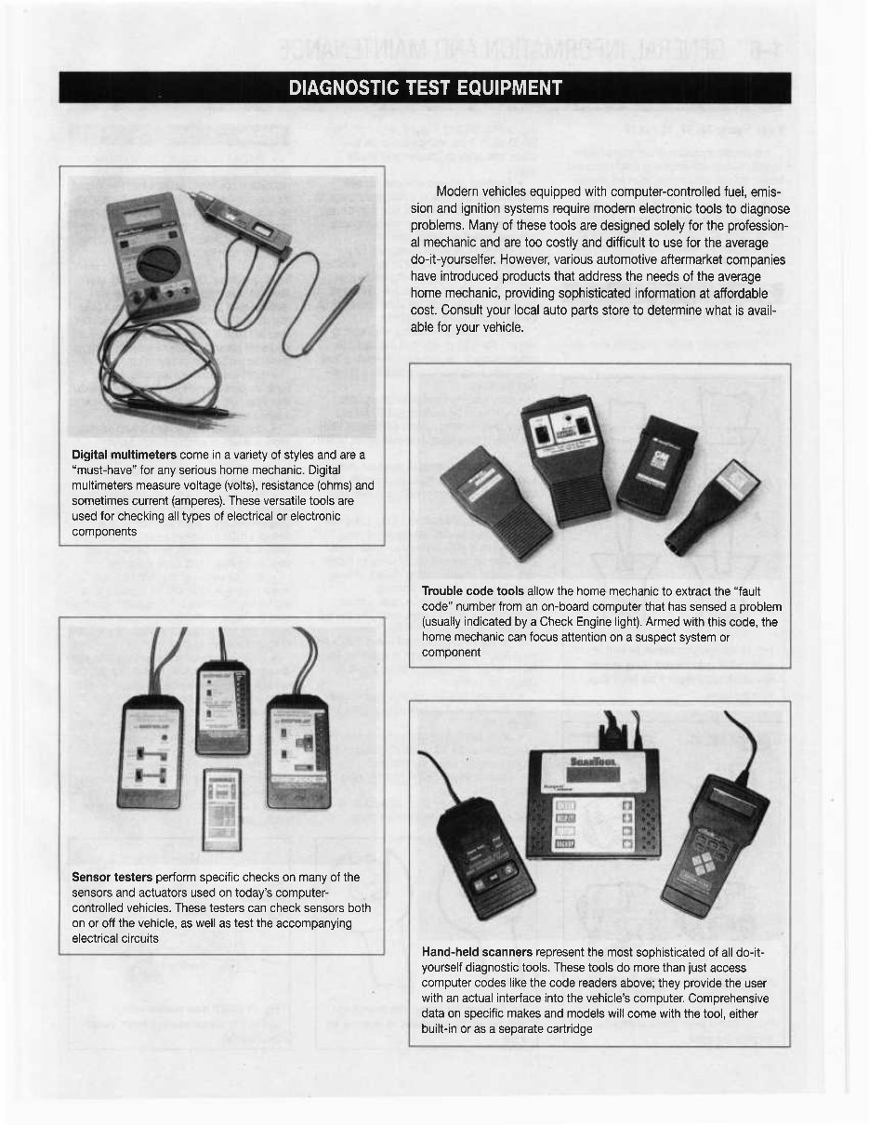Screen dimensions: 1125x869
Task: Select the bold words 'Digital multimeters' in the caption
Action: coord(125,454)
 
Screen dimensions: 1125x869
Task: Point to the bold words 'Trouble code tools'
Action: coord(472,591)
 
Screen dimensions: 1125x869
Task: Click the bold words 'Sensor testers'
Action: coord(112,878)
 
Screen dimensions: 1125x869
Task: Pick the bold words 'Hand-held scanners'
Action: coord(477,953)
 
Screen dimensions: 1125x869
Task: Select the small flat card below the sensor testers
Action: coord(221,807)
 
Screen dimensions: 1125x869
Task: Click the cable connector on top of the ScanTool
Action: coord(614,734)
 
